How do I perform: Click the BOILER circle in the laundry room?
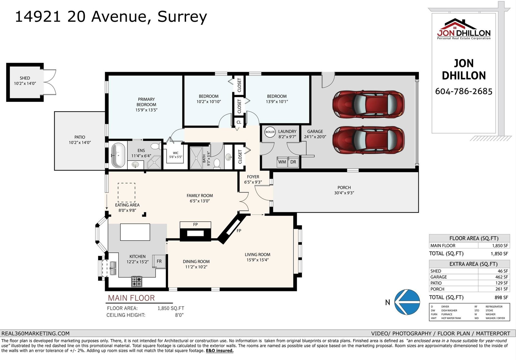tap(270, 132)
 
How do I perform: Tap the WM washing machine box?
tap(282, 162)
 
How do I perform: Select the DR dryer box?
tap(293, 162)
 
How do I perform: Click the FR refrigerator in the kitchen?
tap(159, 261)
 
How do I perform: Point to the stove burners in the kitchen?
tap(137, 281)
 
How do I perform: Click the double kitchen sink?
tap(113, 268)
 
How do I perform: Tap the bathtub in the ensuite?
tap(118, 155)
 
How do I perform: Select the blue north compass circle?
tap(407, 302)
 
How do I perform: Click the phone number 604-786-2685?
tap(464, 92)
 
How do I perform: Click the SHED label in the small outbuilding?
tap(25, 78)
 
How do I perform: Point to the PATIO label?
tap(80, 137)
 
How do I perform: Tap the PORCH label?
tap(344, 188)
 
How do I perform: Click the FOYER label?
tap(253, 177)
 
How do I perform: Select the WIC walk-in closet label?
tap(175, 153)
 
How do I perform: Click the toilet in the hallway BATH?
tap(217, 163)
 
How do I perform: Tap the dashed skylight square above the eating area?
tap(126, 192)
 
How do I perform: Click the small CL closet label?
tap(239, 122)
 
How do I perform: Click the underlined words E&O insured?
tap(220, 351)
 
